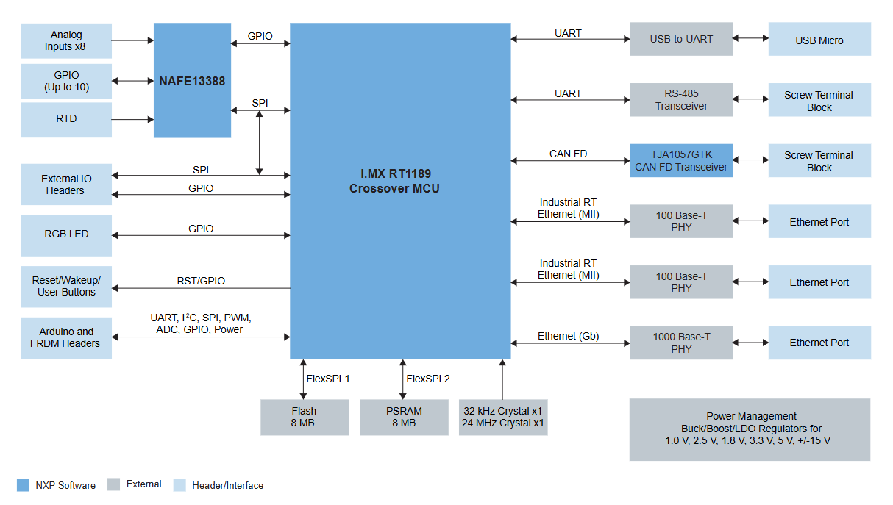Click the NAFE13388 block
tap(192, 80)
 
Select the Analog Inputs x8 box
tap(66, 40)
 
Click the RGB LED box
tap(66, 235)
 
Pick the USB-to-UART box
tap(681, 39)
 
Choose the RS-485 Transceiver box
tap(681, 99)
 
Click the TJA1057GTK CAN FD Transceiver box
tap(681, 160)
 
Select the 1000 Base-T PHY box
tap(681, 343)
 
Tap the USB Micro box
tap(819, 39)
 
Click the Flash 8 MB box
tap(305, 418)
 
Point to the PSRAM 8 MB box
tap(404, 418)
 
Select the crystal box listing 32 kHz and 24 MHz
tap(503, 418)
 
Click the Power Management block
tap(750, 430)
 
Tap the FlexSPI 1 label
tap(327, 379)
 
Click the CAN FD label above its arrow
tap(568, 154)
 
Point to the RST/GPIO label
tap(201, 281)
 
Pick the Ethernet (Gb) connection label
tap(568, 336)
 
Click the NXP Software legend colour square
tap(23, 485)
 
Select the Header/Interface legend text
tap(227, 485)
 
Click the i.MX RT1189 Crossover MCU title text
tap(395, 181)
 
